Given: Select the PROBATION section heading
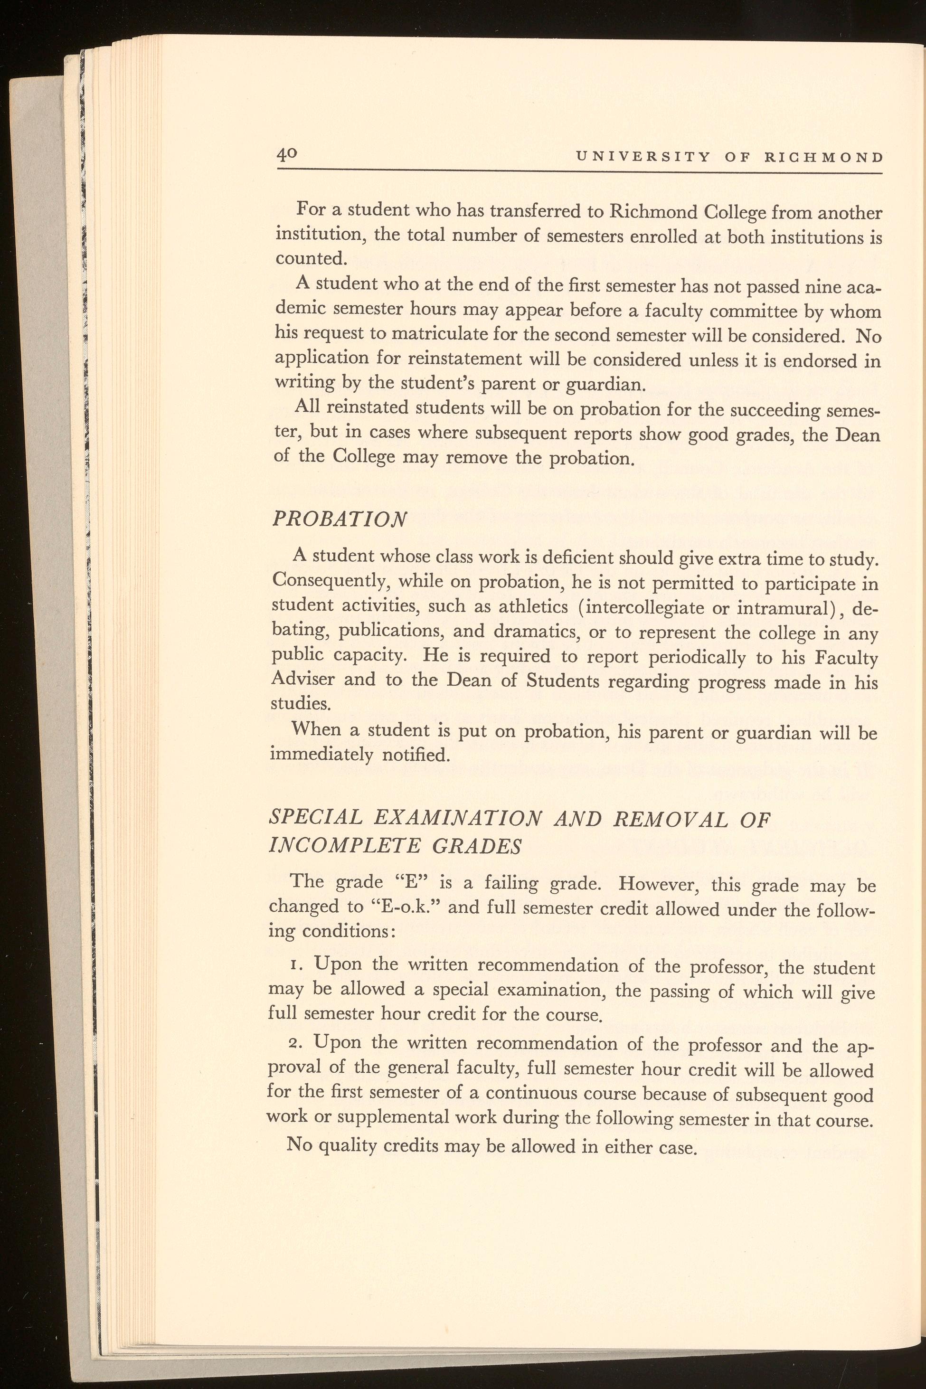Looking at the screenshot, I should pos(339,519).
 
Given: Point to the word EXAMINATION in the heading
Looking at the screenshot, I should pos(457,819).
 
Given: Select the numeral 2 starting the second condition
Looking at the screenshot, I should pos(295,1043).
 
